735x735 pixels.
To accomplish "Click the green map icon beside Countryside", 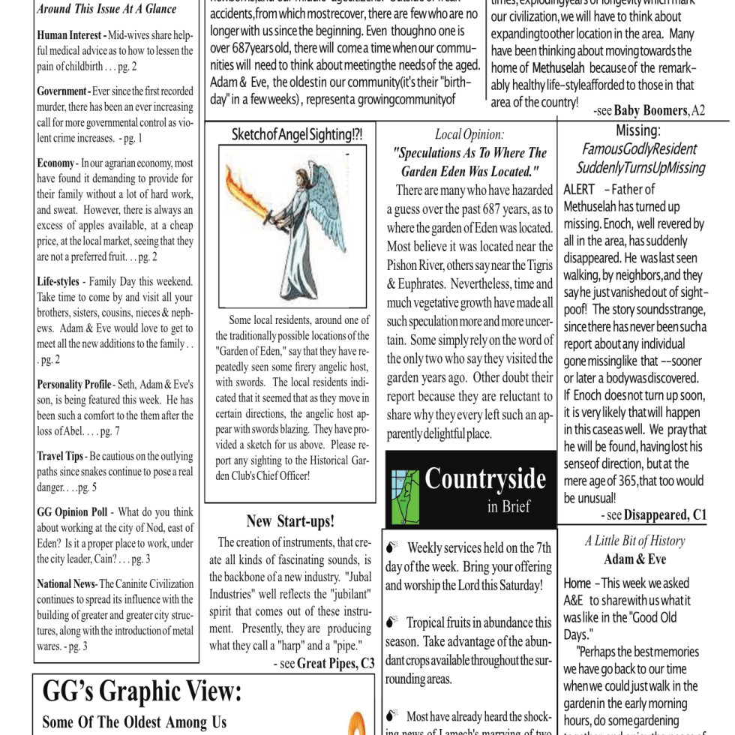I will pos(405,496).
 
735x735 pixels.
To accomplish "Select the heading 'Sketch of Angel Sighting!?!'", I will pos(297,135).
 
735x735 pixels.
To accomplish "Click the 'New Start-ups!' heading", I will pos(290,521).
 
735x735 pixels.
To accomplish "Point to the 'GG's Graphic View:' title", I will pos(142,691).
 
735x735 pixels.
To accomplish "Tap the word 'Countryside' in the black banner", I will pos(485,478).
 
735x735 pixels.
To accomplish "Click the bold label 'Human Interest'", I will pos(70,35).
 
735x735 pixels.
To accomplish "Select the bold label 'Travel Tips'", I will pos(60,456).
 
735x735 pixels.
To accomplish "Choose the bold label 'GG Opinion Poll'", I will pos(72,512).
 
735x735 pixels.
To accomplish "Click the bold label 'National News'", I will pos(66,583).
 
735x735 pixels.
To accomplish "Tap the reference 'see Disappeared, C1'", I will pos(653,515).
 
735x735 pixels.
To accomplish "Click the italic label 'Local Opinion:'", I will pos(469,135).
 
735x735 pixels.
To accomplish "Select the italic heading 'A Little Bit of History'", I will pos(634,541).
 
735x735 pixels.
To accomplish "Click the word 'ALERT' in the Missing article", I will pos(579,189).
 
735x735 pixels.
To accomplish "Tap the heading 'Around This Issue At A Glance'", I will pos(106,9).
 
